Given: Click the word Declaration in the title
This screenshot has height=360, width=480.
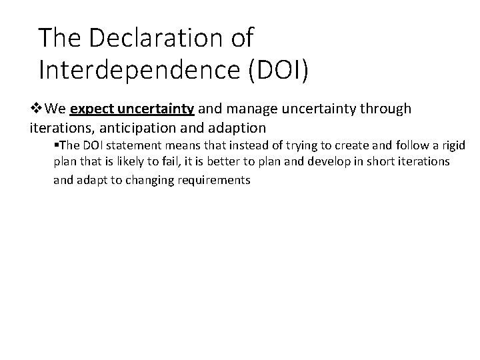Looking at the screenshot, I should coord(147,37).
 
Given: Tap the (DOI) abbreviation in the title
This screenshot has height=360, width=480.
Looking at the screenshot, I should coord(277,69).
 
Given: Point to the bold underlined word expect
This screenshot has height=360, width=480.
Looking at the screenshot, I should coord(90,108).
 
